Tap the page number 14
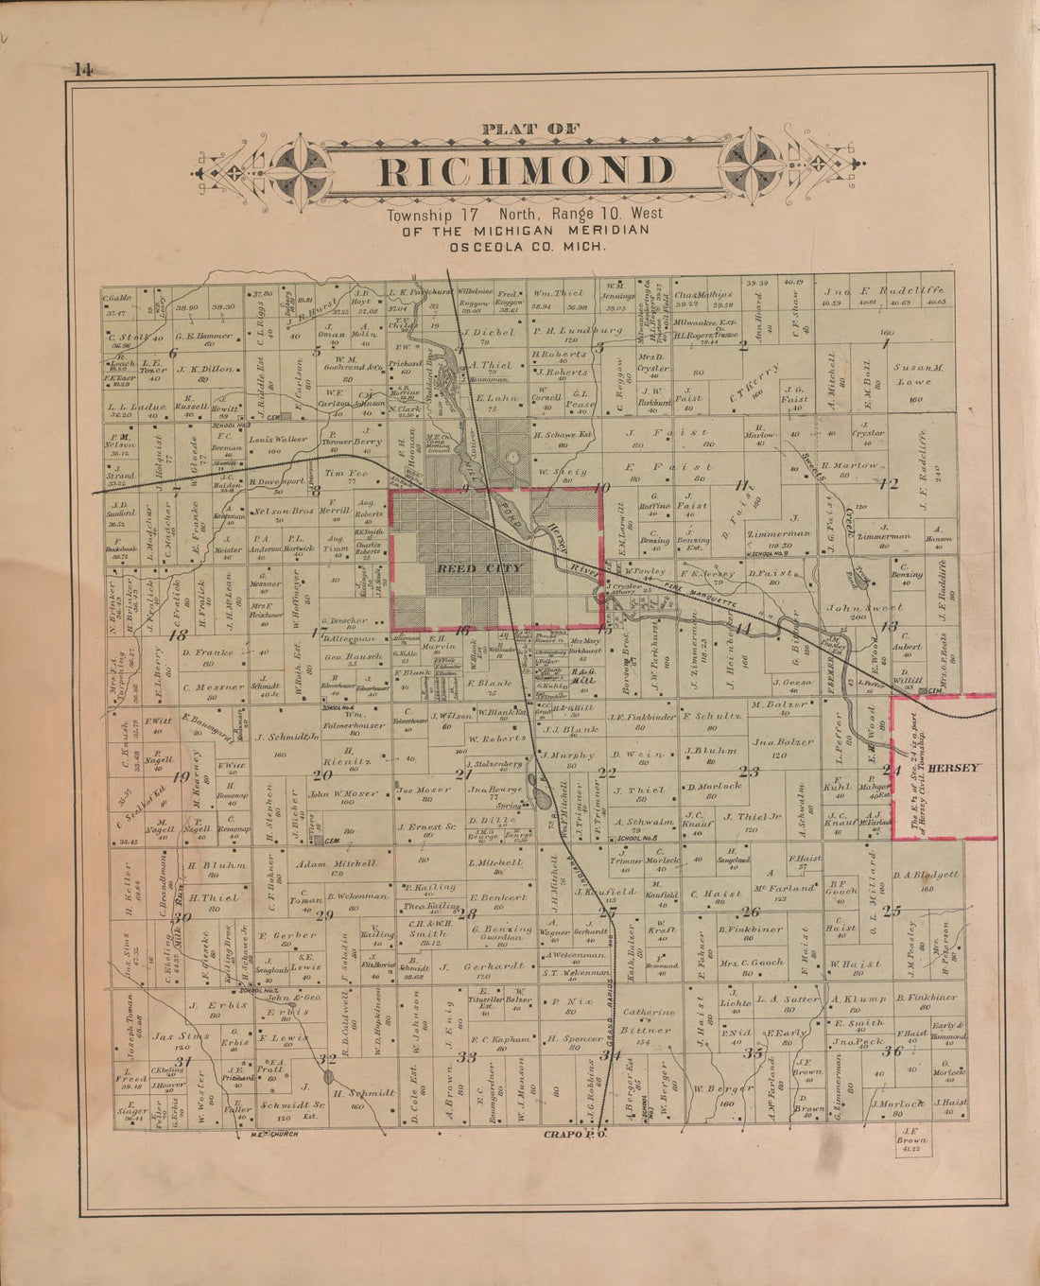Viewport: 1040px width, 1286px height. click(x=79, y=69)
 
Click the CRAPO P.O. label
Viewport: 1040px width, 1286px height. click(x=574, y=1133)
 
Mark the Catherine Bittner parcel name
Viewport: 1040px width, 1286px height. click(x=647, y=1021)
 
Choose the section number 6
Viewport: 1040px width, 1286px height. click(x=172, y=353)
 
